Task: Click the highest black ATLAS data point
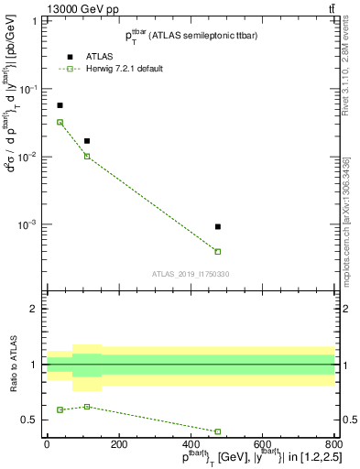[60, 105]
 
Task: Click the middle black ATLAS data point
[87, 141]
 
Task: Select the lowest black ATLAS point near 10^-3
[218, 226]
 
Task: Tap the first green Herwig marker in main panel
[60, 122]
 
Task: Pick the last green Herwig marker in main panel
[218, 251]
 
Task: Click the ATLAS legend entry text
[99, 55]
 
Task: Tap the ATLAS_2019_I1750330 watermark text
[191, 273]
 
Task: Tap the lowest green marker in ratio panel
[218, 431]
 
